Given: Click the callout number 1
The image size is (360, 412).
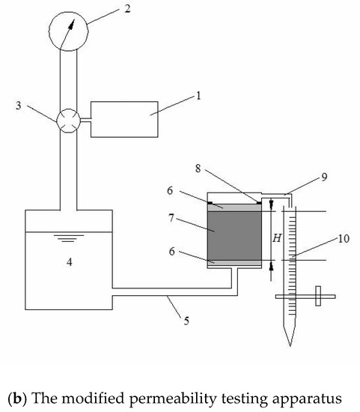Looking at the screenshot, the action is click(198, 96).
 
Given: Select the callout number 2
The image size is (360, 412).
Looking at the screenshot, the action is click(127, 9).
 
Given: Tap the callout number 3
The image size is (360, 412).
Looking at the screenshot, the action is click(19, 106).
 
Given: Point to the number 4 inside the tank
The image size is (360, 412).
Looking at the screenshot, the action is click(69, 262).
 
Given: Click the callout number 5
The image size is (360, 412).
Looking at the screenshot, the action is click(186, 321).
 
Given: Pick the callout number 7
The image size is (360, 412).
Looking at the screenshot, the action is click(171, 218).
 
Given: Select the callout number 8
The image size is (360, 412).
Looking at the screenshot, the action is click(198, 169).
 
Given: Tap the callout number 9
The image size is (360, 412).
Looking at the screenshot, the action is click(325, 177).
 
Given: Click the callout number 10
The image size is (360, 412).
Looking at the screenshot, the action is click(344, 238).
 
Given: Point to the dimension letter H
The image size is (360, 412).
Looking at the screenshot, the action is click(277, 238).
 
